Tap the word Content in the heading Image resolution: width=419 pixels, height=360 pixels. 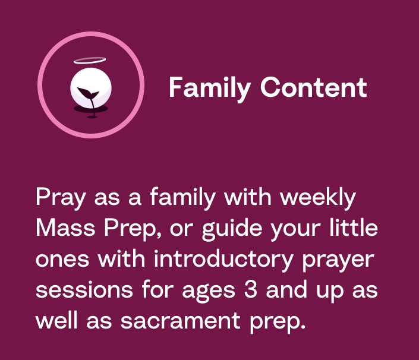[313, 87]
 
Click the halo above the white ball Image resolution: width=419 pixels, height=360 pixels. [90, 61]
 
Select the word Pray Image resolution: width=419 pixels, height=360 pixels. [61, 198]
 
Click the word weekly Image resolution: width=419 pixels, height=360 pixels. [318, 198]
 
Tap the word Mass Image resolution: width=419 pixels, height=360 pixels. [65, 228]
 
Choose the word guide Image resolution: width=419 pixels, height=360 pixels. [232, 230]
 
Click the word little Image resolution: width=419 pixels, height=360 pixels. [354, 228]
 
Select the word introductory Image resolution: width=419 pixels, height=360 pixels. [223, 260]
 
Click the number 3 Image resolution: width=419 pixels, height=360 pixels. [250, 289]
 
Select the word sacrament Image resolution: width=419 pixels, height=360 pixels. [180, 321]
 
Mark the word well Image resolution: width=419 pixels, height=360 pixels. [56, 320]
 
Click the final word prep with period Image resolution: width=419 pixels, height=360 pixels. [278, 323]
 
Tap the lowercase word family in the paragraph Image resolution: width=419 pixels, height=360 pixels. [182, 198]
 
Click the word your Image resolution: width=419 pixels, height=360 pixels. [295, 231]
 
